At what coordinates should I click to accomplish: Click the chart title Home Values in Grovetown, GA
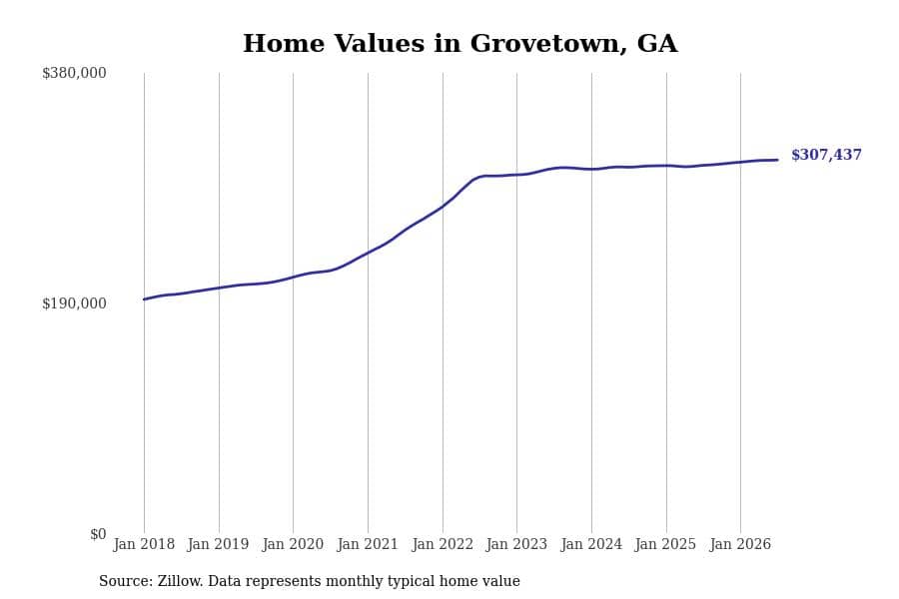[459, 44]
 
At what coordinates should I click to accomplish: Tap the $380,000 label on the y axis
[74, 73]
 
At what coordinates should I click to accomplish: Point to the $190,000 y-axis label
[74, 303]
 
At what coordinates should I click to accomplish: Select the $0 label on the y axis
[98, 534]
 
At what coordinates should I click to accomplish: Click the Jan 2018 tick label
[144, 544]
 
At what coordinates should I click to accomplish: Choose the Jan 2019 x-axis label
[219, 544]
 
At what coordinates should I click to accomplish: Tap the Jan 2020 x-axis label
[293, 544]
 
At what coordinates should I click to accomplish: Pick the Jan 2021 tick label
[368, 544]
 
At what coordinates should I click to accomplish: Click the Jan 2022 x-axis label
[443, 544]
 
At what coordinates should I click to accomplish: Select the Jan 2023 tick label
[516, 544]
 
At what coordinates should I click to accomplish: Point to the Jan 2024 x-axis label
[591, 544]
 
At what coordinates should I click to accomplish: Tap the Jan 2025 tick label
[666, 544]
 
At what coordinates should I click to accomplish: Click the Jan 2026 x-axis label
[741, 544]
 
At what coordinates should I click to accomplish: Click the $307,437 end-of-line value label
[826, 155]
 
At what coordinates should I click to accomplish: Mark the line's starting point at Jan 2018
[144, 299]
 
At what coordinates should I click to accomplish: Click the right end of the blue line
[777, 160]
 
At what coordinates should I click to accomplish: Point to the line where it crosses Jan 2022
[443, 207]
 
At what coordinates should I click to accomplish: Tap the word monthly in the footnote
[357, 582]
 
